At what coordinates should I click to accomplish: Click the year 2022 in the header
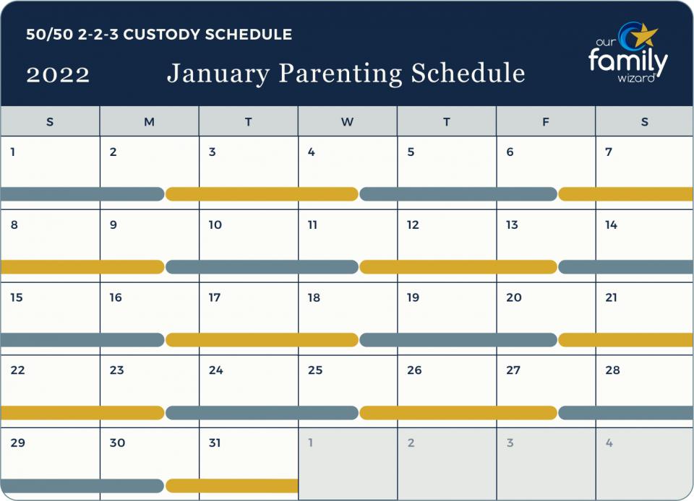[x=58, y=74]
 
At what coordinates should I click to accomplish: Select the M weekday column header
[x=149, y=122]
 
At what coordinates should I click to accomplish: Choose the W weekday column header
[x=347, y=122]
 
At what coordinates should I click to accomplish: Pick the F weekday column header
[x=546, y=122]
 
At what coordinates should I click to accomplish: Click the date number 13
[x=512, y=225]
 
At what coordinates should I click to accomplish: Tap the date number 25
[x=314, y=370]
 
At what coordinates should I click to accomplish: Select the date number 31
[x=215, y=443]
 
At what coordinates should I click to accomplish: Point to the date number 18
[x=314, y=297]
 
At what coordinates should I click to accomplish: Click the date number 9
[x=113, y=225]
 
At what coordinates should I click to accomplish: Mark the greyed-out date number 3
[x=510, y=443]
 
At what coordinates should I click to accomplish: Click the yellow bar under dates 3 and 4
[x=262, y=193]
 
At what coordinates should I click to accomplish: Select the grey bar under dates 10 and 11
[x=262, y=267]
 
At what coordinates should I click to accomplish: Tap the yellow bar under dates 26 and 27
[x=458, y=413]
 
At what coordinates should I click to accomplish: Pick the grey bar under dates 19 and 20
[x=458, y=340]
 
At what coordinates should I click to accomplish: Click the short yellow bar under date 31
[x=232, y=486]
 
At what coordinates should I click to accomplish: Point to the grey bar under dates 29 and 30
[x=82, y=486]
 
